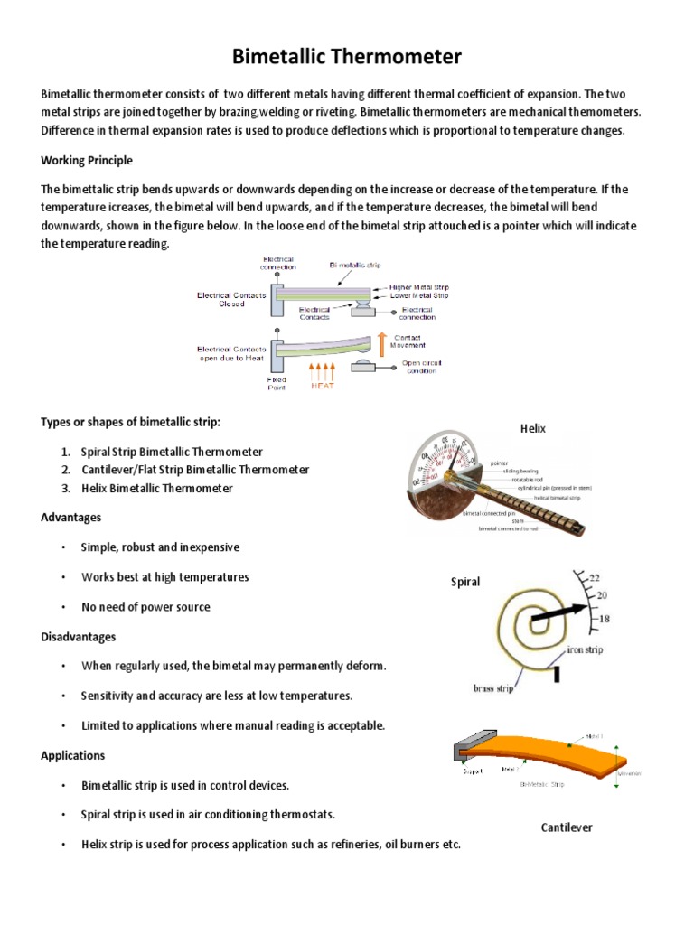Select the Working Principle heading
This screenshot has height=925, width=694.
coord(87,160)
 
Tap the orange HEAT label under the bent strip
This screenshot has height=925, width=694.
coord(324,385)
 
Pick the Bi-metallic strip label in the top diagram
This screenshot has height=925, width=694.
coord(354,266)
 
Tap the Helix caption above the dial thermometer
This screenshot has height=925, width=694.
coord(532,428)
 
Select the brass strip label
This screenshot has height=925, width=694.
coord(493,688)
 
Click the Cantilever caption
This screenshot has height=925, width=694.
coord(567,827)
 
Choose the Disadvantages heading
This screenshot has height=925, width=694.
coord(79,637)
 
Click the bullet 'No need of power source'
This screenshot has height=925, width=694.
coord(145,607)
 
